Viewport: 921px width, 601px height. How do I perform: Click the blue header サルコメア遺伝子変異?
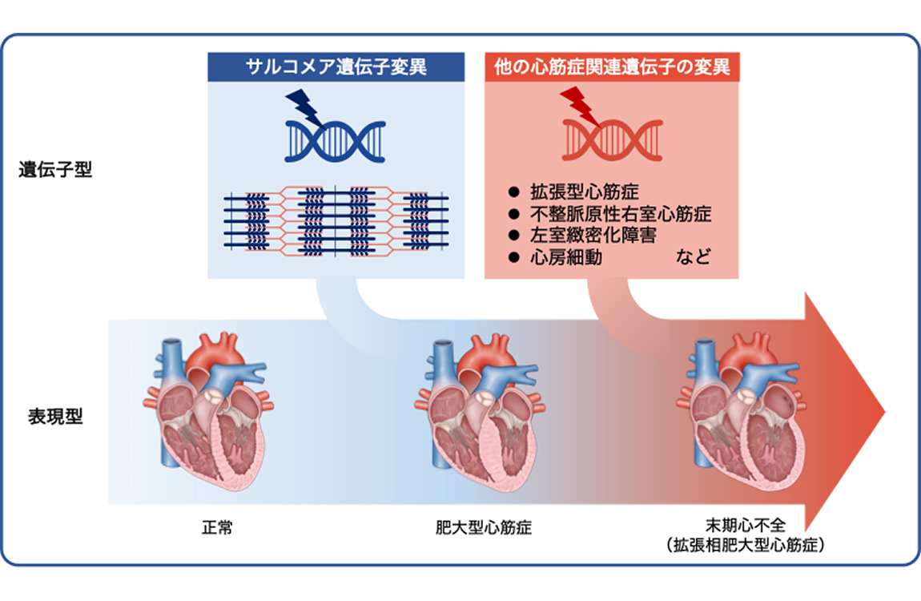(x=336, y=67)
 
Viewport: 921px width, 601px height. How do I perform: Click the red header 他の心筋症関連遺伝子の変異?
(x=611, y=67)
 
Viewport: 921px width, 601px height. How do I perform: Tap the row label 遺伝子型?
(x=55, y=170)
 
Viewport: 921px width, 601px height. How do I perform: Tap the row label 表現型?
(x=55, y=417)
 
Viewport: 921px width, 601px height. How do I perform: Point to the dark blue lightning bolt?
(x=305, y=107)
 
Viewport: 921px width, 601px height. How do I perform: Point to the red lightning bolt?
(x=580, y=106)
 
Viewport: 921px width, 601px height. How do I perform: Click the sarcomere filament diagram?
(x=336, y=221)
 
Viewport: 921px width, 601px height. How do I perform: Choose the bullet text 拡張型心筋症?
(x=585, y=192)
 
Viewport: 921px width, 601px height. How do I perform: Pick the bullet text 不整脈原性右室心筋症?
(x=621, y=213)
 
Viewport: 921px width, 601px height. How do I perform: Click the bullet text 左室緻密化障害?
(x=593, y=235)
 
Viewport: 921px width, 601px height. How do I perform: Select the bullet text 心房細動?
(x=566, y=256)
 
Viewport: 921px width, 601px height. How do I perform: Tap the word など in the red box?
(x=693, y=256)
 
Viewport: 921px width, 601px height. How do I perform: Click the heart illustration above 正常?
(x=208, y=411)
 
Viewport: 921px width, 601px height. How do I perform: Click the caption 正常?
(x=217, y=527)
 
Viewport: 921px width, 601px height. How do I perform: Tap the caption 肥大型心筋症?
(x=484, y=527)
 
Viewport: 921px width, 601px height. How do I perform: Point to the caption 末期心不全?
(x=746, y=525)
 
